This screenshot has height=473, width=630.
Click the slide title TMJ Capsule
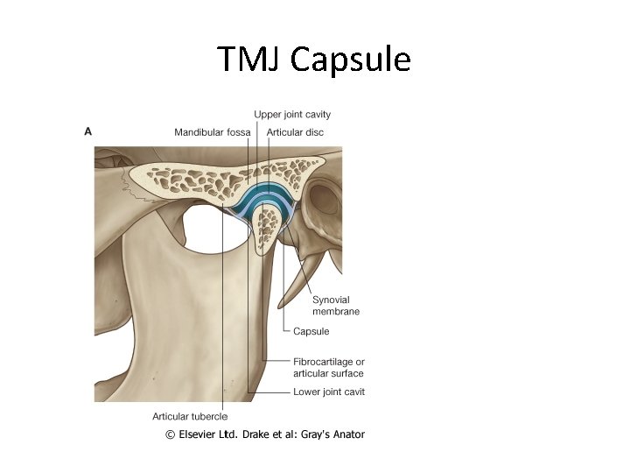pyautogui.click(x=314, y=60)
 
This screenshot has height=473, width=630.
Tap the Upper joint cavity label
pyautogui.click(x=292, y=114)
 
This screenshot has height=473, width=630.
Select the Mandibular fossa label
pyautogui.click(x=212, y=132)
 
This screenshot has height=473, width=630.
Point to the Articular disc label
pyautogui.click(x=295, y=132)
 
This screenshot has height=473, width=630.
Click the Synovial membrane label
pyautogui.click(x=336, y=306)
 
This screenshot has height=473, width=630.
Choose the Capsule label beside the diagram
pyautogui.click(x=311, y=331)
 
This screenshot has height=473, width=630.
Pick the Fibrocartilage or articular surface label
pyautogui.click(x=328, y=367)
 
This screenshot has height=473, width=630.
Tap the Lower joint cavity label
pyautogui.click(x=328, y=392)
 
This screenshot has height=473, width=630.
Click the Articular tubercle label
pyautogui.click(x=190, y=416)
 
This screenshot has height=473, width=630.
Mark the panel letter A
pyautogui.click(x=87, y=131)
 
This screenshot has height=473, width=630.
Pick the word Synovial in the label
pyautogui.click(x=331, y=300)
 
